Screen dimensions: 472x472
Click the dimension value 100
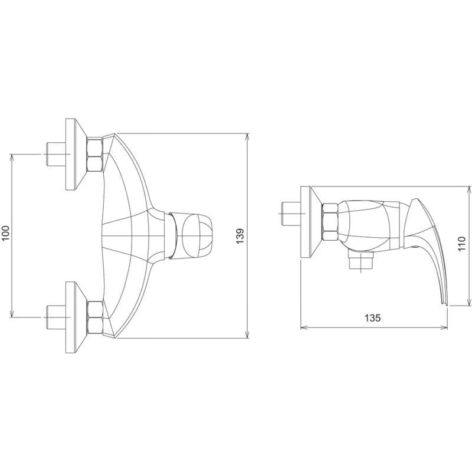[x=6, y=233]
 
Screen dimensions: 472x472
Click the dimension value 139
[x=240, y=237]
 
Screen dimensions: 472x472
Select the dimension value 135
[x=373, y=318]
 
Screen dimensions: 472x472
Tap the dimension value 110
[x=461, y=244]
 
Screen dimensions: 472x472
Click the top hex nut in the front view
[x=95, y=155]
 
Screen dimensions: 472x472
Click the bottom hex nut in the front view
[x=95, y=317]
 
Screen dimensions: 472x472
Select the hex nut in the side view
[x=330, y=222]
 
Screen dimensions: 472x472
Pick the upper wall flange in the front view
[x=76, y=154]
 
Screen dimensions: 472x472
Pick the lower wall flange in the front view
[x=76, y=317]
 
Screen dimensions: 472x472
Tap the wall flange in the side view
[x=310, y=222]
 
